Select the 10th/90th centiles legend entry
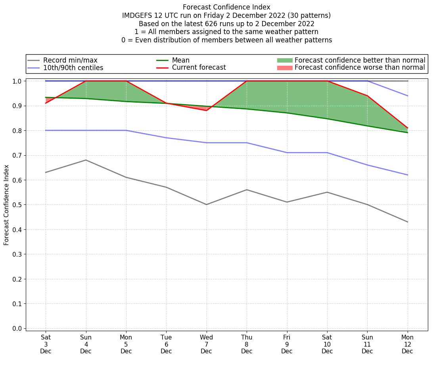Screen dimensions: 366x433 73,68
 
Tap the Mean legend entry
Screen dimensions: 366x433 180,60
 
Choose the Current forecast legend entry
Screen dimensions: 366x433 199,68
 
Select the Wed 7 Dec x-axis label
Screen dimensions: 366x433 206,344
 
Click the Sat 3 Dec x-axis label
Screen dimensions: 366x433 46,344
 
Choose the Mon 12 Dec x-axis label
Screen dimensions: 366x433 407,344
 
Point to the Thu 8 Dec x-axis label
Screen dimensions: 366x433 247,344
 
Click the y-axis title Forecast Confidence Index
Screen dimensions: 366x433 6,205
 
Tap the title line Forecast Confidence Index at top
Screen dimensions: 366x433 226,7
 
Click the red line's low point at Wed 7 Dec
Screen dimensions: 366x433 206,111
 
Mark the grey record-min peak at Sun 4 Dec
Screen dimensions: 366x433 86,160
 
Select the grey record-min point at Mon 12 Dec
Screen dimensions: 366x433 407,222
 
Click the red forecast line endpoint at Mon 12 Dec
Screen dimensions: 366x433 407,128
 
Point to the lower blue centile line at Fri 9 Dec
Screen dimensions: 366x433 287,152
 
